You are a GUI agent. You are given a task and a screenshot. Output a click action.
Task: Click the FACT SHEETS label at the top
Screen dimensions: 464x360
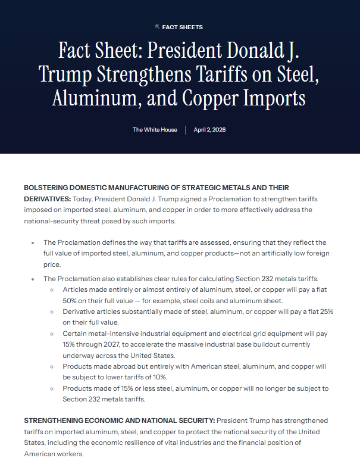pos(183,27)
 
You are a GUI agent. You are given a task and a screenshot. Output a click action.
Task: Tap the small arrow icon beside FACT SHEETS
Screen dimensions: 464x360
pos(157,27)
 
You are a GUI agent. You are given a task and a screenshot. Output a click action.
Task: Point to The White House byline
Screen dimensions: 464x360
pos(155,130)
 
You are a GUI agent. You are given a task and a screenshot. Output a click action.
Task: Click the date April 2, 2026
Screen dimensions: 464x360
pos(209,130)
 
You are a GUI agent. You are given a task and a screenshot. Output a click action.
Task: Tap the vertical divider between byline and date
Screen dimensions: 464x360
pos(185,130)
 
